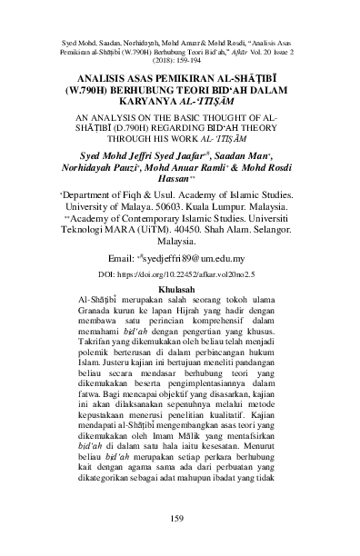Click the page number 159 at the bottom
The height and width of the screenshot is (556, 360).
point(180,520)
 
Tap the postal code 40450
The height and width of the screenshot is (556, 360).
point(168,233)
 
